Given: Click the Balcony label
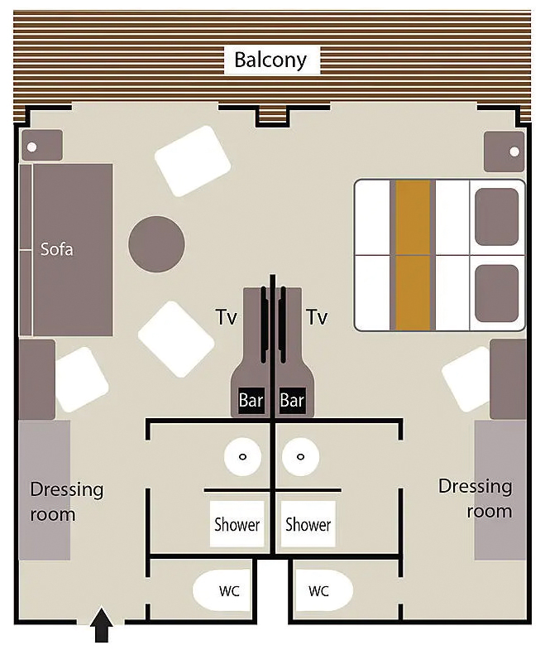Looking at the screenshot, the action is pyautogui.click(x=270, y=60).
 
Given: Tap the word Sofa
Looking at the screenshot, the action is pyautogui.click(x=57, y=249).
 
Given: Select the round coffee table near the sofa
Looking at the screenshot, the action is pyautogui.click(x=156, y=243).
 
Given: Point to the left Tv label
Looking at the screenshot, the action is pyautogui.click(x=227, y=317).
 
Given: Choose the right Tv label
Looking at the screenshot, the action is pyautogui.click(x=318, y=317).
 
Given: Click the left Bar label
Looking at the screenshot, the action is pyautogui.click(x=251, y=401).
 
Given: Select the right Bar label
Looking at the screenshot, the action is pyautogui.click(x=292, y=401).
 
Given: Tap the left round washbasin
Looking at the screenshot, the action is pyautogui.click(x=242, y=457).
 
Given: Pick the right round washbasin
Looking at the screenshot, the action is pyautogui.click(x=301, y=457).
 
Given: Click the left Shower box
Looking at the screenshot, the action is pyautogui.click(x=237, y=524).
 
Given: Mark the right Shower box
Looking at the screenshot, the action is pyautogui.click(x=308, y=524).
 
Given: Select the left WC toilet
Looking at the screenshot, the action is pyautogui.click(x=222, y=590).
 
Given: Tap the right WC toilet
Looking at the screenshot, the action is pyautogui.click(x=323, y=590).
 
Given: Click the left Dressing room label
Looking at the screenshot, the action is pyautogui.click(x=67, y=502).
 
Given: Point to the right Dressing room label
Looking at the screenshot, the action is pyautogui.click(x=476, y=498).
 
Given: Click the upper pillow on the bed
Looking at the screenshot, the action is pyautogui.click(x=496, y=217).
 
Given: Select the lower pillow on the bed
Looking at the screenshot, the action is pyautogui.click(x=496, y=294).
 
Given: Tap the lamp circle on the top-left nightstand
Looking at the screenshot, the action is pyautogui.click(x=32, y=147).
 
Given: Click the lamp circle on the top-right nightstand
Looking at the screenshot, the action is pyautogui.click(x=514, y=152).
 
